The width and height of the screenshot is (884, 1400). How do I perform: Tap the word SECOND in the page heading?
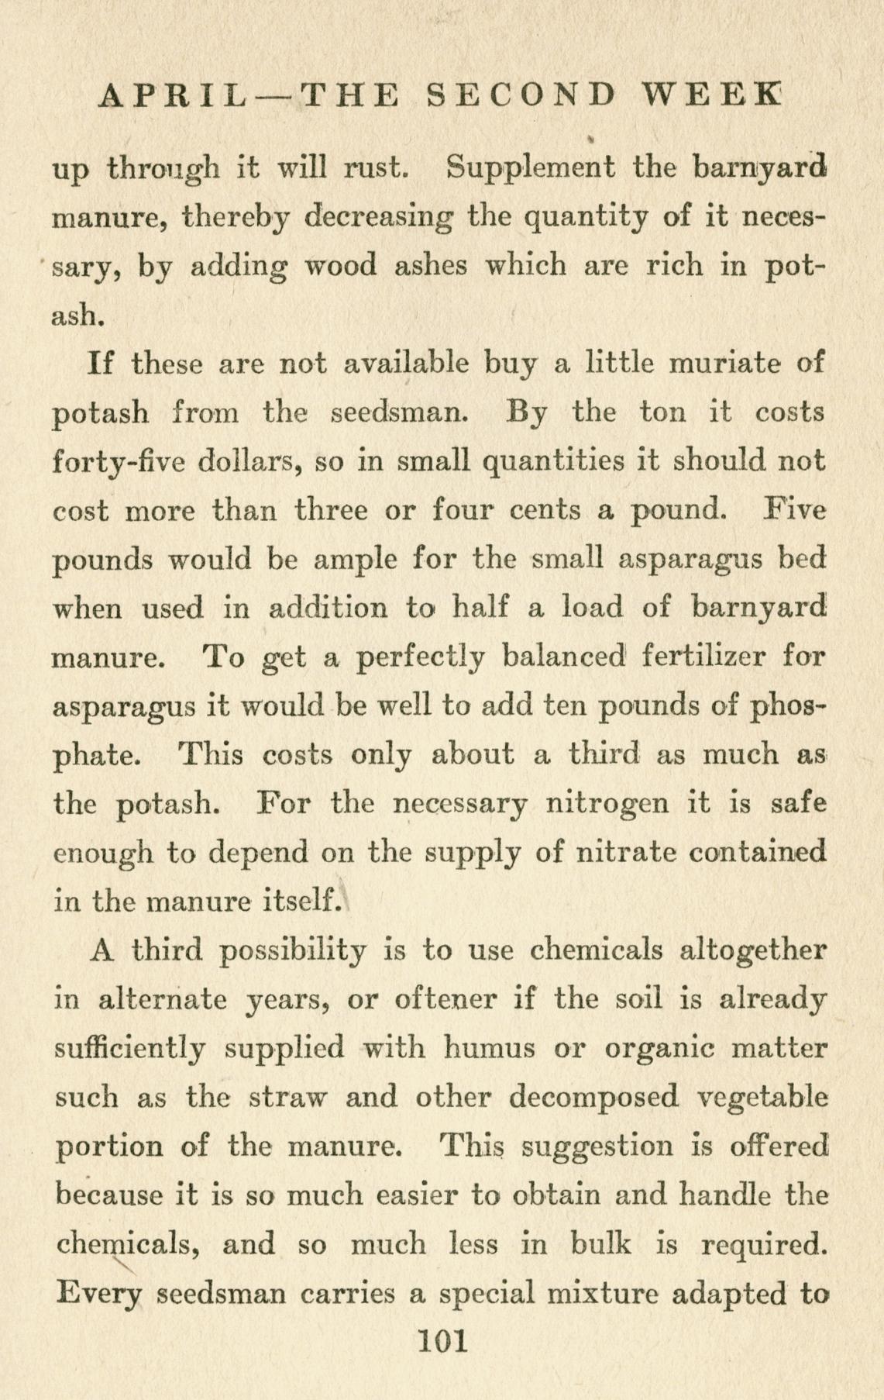523,95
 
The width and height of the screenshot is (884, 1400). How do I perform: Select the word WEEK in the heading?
711,95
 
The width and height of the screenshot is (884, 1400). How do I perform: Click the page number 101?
442,1340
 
